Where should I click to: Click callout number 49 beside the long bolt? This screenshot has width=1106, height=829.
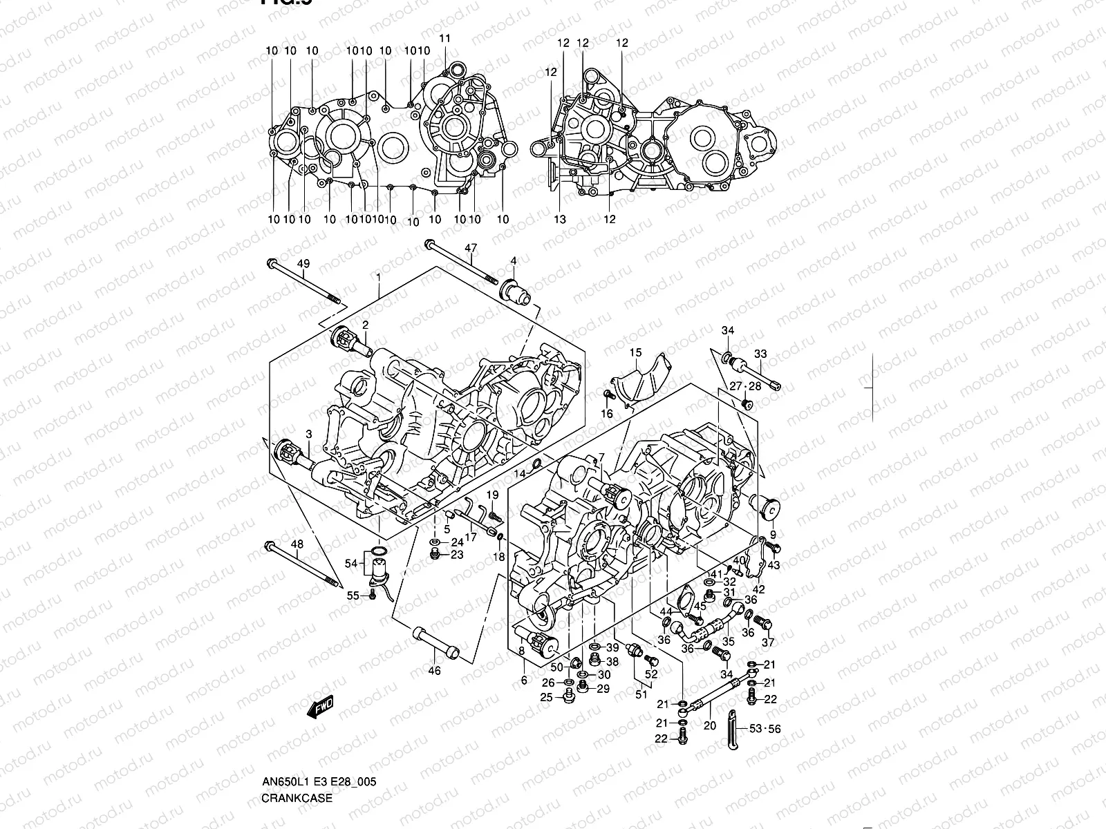click(303, 264)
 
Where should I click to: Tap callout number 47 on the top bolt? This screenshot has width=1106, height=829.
click(471, 248)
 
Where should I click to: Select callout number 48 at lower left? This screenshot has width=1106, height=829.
click(297, 544)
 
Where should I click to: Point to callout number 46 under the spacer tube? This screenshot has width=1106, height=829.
click(434, 670)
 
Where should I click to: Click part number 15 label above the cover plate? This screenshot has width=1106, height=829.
click(635, 354)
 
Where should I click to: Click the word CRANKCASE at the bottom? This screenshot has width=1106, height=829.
click(297, 799)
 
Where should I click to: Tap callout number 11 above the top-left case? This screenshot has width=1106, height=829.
click(444, 38)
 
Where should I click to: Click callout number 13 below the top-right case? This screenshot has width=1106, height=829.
click(559, 219)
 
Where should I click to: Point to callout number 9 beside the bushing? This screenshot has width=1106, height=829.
click(773, 534)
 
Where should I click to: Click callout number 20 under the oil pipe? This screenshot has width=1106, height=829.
click(710, 725)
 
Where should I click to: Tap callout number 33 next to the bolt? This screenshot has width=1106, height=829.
click(760, 354)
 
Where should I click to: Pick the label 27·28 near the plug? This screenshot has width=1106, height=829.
click(745, 386)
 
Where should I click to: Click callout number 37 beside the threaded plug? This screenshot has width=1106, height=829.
click(768, 642)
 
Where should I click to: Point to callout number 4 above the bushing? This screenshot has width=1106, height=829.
click(514, 260)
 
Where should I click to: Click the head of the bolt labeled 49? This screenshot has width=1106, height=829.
click(272, 263)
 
